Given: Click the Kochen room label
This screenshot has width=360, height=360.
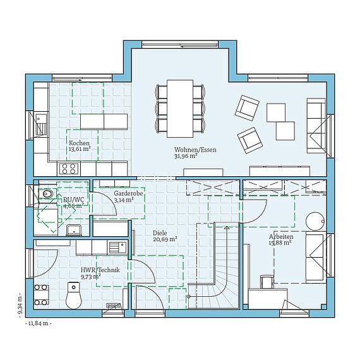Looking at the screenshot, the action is pos(79,143).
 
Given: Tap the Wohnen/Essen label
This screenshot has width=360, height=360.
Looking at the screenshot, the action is pos(195,150).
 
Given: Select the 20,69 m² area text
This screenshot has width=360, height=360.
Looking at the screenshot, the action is pos(165,239).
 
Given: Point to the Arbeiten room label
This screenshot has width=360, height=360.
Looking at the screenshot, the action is pos(281,236).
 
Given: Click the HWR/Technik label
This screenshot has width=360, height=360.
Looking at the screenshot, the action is pos(100,270).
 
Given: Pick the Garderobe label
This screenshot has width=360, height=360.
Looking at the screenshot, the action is pos(128,193).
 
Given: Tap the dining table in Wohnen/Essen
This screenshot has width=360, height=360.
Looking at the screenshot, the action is pos(180,109).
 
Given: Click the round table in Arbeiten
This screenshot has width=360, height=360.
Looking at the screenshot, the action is pos(315,221).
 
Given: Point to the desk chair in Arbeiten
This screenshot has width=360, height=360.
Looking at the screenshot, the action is pos(267,282).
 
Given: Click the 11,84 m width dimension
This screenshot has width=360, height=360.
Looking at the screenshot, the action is pos(38,323).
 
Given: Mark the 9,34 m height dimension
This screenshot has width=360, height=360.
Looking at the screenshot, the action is pos(21,305).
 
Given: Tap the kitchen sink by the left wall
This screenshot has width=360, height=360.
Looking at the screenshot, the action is pos(41,124).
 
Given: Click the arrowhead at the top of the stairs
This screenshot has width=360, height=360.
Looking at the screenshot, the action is pos(227,228).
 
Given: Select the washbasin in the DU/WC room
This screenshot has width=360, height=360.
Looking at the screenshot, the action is pos(73,230).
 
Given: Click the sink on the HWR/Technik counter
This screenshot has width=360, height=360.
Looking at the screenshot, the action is pos(117,247).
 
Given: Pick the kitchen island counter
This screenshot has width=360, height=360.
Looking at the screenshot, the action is pos(104,121).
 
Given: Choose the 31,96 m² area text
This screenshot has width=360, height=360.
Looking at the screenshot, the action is pos(186,156).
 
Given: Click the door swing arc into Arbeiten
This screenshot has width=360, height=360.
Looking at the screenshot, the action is pos(259,216).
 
